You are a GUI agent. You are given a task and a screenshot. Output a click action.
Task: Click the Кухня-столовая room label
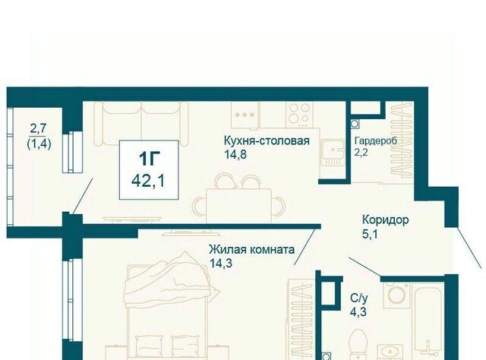click(x=267, y=141)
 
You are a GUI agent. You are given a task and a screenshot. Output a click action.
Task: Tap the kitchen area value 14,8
click(x=235, y=154)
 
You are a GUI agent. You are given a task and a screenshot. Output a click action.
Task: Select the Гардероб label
click(x=376, y=141)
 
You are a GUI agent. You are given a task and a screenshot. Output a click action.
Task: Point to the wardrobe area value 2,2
click(x=361, y=152)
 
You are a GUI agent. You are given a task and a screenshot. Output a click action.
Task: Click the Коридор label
click(x=386, y=220)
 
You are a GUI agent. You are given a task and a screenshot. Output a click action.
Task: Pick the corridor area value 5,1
click(x=370, y=234)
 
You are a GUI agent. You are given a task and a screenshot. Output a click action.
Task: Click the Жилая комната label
click(x=251, y=249)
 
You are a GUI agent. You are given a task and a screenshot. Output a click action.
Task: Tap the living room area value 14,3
click(x=221, y=264)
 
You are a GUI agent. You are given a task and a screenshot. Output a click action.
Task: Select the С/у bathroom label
click(x=359, y=298)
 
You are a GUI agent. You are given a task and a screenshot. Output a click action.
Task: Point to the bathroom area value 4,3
click(x=358, y=311)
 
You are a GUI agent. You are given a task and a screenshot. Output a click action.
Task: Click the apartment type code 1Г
click(x=149, y=159)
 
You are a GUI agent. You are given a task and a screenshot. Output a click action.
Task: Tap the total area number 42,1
click(x=148, y=181)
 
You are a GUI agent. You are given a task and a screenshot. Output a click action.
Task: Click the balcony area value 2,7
click(x=38, y=128)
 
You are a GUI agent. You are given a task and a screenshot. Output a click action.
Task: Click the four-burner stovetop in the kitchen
click(x=300, y=115)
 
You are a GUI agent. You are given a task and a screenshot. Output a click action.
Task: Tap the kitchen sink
click(x=333, y=153)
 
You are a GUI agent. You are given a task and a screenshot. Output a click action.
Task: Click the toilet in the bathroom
click(x=358, y=344)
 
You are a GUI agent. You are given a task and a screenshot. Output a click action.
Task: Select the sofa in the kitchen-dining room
click(x=141, y=123)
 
